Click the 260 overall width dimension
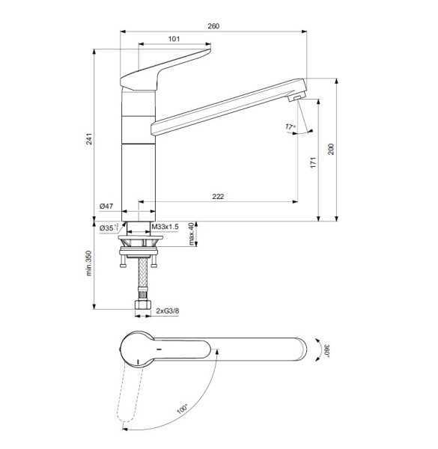point(213,26)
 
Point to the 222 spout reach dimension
point(218,197)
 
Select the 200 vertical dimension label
point(331,149)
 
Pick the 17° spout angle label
point(290,127)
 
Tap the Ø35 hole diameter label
point(106,227)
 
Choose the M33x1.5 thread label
point(165,227)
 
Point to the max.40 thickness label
point(192,233)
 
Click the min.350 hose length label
point(88,263)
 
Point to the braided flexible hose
point(139,281)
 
